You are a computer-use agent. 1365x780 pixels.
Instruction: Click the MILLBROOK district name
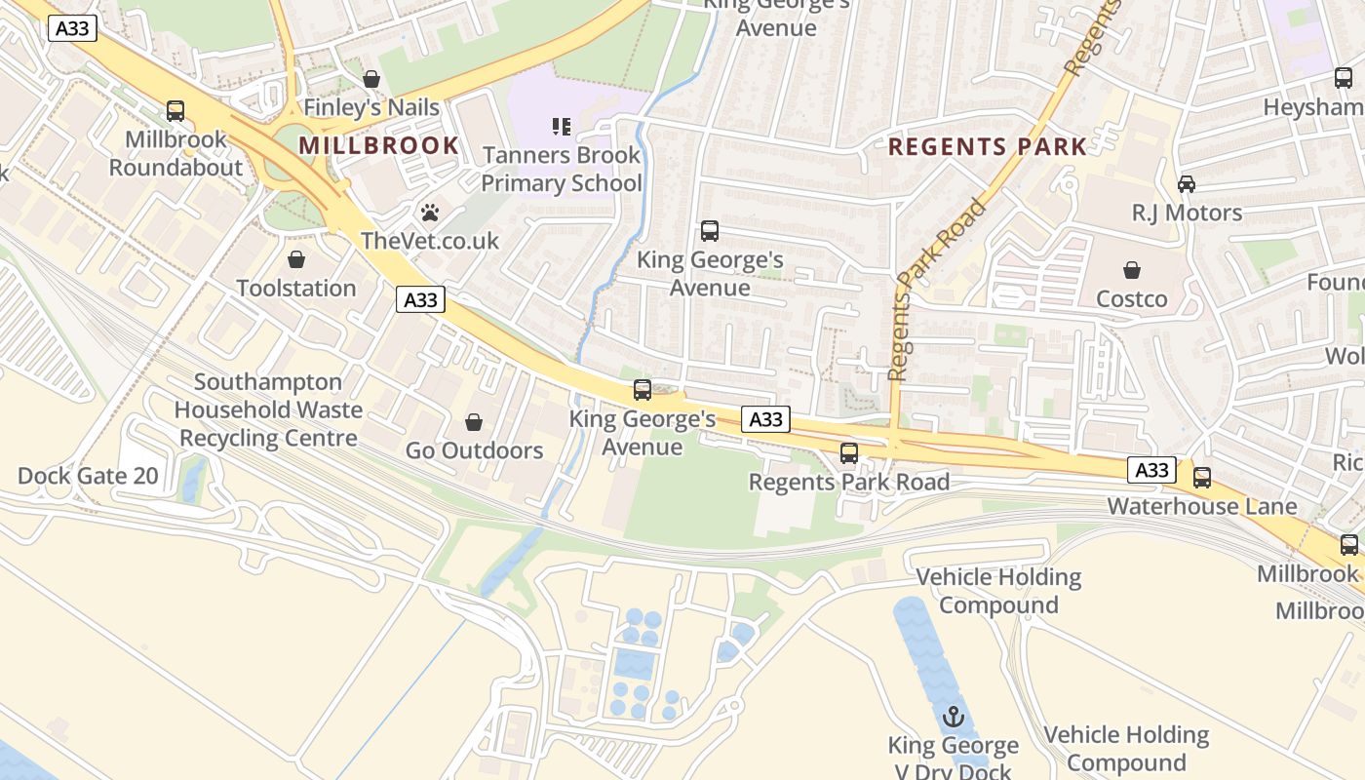point(378,146)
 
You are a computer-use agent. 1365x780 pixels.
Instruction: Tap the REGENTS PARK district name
point(988,147)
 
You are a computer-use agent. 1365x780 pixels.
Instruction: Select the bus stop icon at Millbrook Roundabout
point(175,111)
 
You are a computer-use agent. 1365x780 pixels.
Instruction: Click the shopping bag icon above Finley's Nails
point(371,79)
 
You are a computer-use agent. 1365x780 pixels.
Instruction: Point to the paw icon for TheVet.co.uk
point(430,212)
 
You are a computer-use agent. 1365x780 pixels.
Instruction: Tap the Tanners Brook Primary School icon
point(562,126)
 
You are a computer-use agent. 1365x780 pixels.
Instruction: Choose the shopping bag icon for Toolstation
point(296,259)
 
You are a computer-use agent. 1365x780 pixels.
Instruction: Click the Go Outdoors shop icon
point(474,422)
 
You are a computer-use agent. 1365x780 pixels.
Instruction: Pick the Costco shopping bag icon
point(1132,270)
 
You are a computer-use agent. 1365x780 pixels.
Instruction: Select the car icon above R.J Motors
point(1187,183)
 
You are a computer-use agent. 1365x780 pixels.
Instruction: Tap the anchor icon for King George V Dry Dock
point(954,718)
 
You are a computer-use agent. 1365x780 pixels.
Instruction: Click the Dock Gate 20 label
point(88,477)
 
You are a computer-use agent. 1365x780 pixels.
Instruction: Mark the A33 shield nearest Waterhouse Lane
point(1152,470)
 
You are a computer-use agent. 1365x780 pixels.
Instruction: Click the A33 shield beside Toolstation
point(421,299)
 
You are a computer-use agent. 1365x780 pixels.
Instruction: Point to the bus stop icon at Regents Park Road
point(849,453)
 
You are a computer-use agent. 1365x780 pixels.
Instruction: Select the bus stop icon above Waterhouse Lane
point(1202,478)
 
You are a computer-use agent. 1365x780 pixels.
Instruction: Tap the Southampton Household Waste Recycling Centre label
point(268,410)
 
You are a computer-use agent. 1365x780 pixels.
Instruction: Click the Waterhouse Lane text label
point(1202,506)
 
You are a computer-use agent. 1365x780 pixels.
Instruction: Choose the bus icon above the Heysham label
point(1344,78)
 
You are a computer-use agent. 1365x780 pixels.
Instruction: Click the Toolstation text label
point(296,289)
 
